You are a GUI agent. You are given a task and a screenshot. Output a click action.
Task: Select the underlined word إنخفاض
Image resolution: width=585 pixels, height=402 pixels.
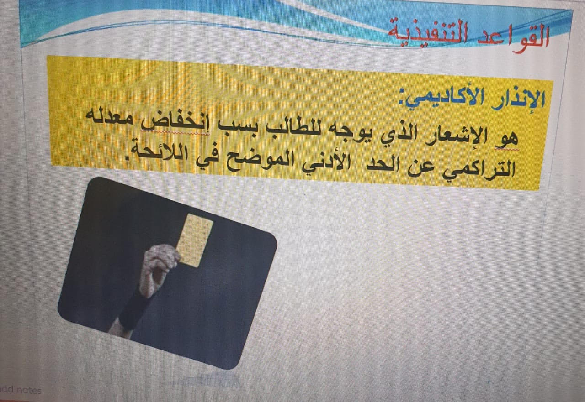pos(175,123)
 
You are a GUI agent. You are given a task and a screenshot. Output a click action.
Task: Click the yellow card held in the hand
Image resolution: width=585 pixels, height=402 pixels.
pos(194,240)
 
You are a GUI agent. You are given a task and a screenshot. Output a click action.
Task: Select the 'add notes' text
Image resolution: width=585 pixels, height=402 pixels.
pos(21,390)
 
